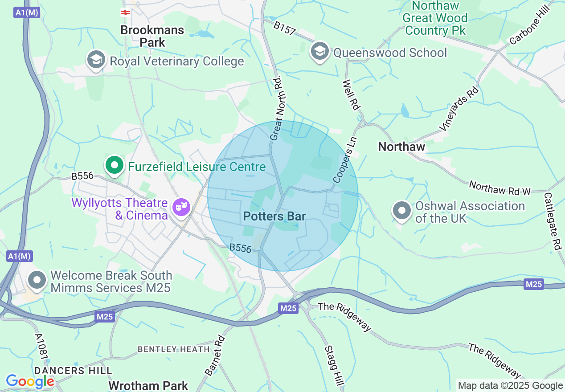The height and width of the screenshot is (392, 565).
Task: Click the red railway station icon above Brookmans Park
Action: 125,12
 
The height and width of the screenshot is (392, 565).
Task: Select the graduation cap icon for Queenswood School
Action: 319,52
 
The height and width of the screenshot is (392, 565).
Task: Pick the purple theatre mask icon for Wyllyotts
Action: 181,207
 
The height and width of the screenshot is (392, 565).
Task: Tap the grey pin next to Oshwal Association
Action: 402,211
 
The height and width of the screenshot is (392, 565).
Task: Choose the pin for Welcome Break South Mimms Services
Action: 37,281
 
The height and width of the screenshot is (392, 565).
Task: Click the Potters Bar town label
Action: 274,216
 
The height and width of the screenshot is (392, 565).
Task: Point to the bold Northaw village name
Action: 401,147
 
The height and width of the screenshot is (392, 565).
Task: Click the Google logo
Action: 30,381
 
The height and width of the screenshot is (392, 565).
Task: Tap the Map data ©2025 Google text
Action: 510,386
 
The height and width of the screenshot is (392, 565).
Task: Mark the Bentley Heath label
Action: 173,349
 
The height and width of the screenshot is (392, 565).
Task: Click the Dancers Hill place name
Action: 73,371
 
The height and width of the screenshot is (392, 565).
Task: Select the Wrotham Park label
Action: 148,385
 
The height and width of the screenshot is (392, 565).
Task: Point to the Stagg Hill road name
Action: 335,366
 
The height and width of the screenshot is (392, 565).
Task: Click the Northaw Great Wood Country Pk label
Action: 435,18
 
